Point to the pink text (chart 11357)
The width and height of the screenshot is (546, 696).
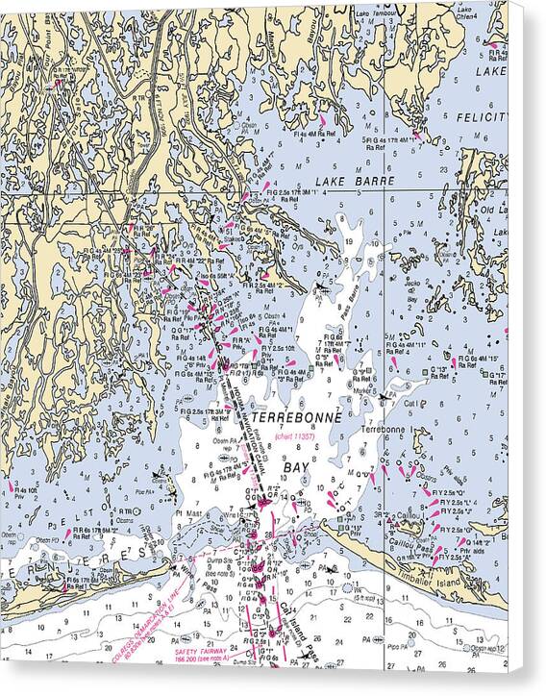tap(295, 437)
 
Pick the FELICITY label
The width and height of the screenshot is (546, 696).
tap(481, 116)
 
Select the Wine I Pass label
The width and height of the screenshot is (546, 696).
tap(182, 569)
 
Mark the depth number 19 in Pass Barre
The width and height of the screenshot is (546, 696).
tap(358, 242)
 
